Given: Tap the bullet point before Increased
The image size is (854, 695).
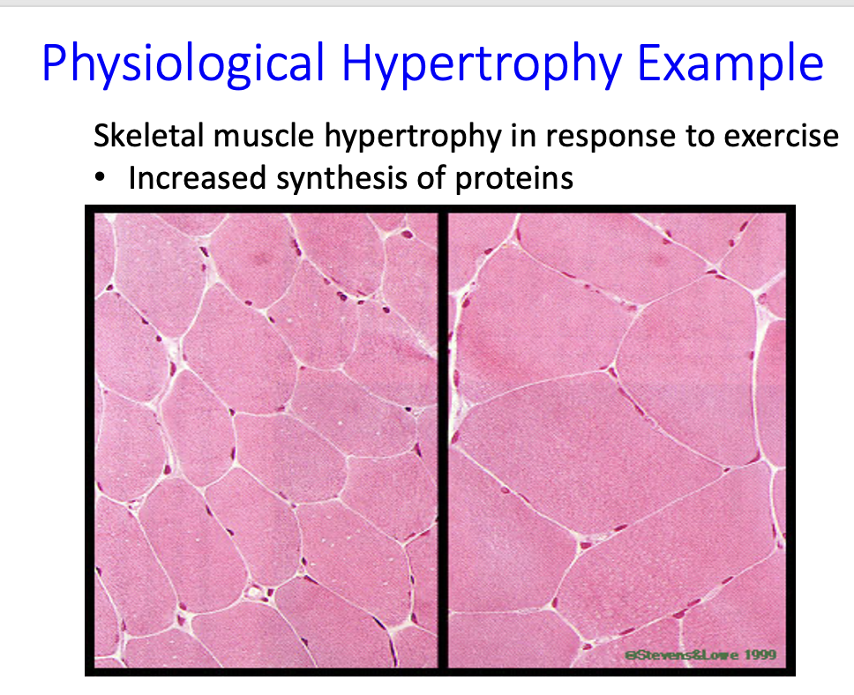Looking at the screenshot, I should coord(103,179).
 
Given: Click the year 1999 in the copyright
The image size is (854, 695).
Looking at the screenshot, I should coord(758,654).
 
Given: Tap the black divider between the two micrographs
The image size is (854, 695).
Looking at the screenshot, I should coord(443,441).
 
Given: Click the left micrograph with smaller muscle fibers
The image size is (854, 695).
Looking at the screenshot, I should coord(265,441).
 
